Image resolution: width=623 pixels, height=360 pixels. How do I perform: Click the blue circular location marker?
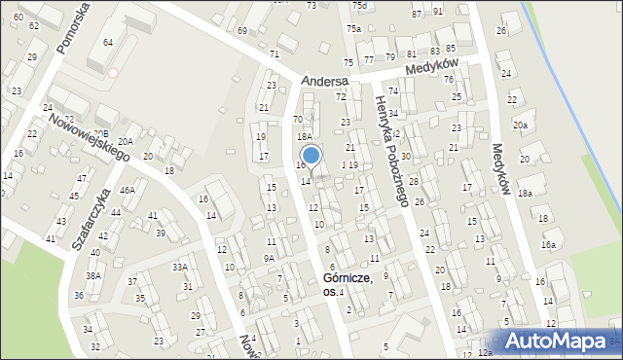(311, 155)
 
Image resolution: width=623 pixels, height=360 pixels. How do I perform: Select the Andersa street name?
(324, 81)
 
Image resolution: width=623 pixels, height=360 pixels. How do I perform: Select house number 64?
(107, 42)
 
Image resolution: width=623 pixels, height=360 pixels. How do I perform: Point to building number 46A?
(128, 191)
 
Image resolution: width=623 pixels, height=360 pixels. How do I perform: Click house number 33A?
(179, 267)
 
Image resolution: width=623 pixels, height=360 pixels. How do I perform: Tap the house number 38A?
(92, 276)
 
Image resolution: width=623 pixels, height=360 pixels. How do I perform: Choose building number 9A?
(269, 259)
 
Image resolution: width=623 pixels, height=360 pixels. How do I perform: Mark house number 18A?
(305, 137)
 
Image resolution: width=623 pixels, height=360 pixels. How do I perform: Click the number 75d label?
(359, 6)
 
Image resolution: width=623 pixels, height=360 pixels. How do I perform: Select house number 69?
(242, 31)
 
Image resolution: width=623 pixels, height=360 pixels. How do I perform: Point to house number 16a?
(549, 245)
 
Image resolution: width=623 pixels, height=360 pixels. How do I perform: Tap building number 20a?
(521, 125)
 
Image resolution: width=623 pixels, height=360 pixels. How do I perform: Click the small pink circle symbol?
(113, 72)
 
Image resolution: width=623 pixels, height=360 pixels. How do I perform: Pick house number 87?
(417, 14)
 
